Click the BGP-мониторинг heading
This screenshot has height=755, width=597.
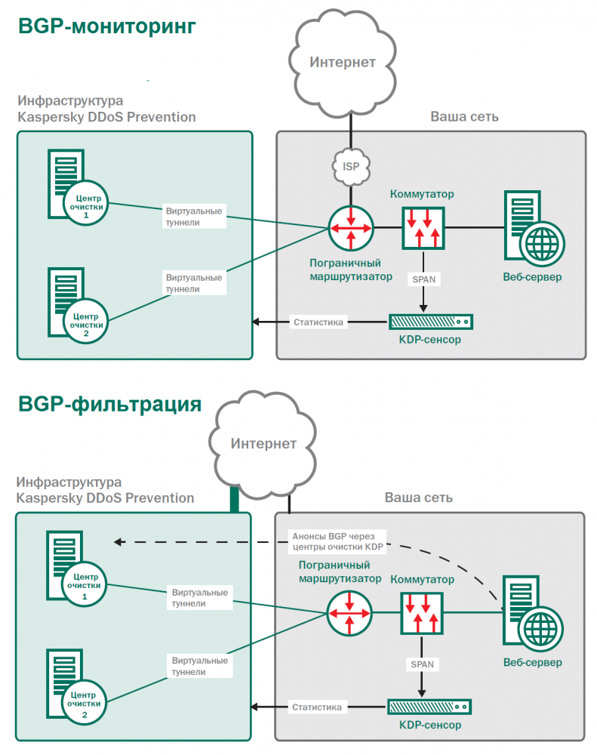[106, 26]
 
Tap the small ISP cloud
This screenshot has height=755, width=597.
[351, 166]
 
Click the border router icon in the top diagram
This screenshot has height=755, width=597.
[351, 227]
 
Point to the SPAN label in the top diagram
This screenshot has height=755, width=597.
[423, 279]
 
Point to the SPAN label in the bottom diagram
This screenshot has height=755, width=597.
[422, 664]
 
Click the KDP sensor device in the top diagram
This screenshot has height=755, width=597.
[430, 322]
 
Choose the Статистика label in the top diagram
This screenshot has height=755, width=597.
[318, 322]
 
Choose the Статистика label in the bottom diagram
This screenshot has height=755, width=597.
[317, 707]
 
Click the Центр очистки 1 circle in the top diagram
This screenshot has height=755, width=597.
[85, 203]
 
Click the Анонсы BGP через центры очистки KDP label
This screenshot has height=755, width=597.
[337, 541]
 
